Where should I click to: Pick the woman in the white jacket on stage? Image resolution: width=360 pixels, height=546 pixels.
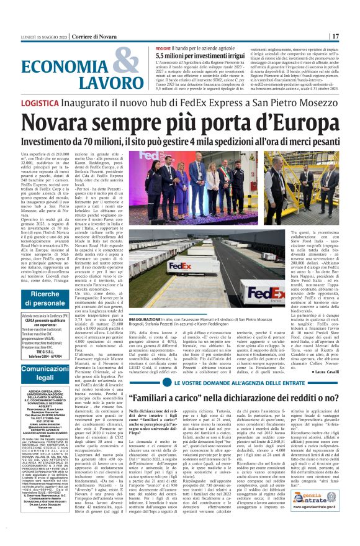tap(183, 186)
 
